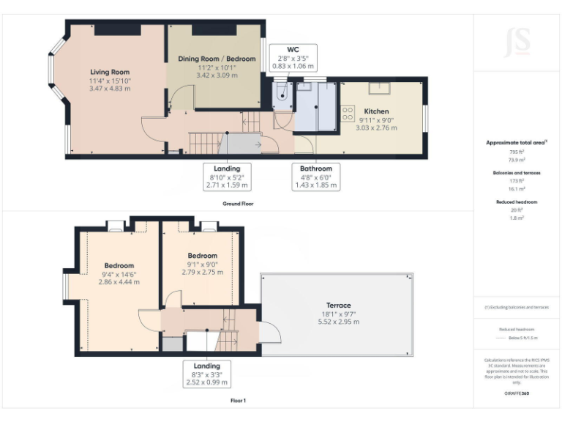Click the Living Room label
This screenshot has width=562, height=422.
pos(110,72)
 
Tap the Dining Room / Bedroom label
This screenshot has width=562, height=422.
pos(217,59)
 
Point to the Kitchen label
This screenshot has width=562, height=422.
pos(377,111)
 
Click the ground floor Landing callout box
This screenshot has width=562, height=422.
pos(227,177)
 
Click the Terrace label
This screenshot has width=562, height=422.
pos(338,305)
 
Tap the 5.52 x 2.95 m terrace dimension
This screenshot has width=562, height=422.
pos(338,322)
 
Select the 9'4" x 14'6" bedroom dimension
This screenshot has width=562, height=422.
pos(119,274)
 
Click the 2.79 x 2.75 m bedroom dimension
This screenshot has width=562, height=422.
pos(202,272)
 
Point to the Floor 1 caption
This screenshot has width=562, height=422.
pos(239,401)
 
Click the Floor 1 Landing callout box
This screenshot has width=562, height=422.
pos(207,374)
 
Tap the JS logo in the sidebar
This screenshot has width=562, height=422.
pos(517,42)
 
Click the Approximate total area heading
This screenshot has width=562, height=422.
pos(517,142)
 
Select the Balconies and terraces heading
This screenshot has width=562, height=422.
pos(517,173)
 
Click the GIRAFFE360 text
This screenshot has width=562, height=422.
pos(517,393)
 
